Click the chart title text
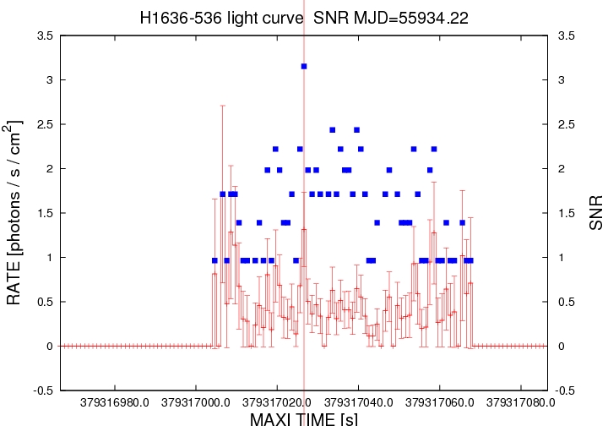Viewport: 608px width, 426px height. click(304, 17)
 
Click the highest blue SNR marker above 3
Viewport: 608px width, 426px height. click(304, 66)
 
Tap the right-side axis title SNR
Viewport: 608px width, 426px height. click(595, 213)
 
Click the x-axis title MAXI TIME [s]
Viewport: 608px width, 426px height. click(304, 418)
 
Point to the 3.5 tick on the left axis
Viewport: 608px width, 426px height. click(44, 35)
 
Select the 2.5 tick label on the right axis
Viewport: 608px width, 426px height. click(565, 124)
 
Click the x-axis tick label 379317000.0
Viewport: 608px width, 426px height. click(195, 402)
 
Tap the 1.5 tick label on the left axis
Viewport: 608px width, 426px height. click(44, 213)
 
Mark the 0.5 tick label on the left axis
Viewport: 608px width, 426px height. click(44, 302)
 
